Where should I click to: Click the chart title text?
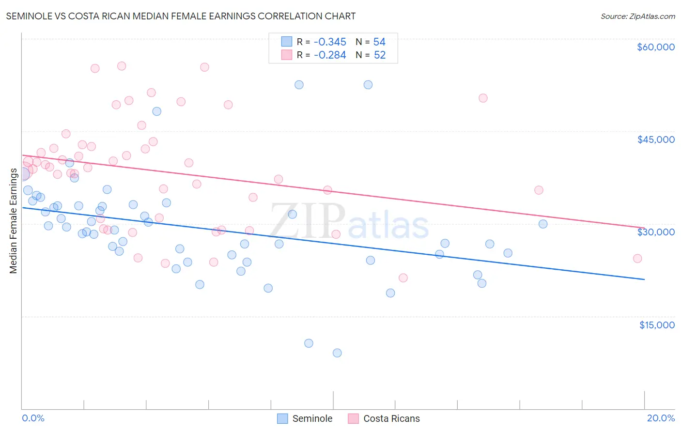click(x=181, y=16)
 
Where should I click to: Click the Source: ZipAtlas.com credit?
click(x=637, y=16)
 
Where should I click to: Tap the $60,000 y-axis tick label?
click(x=655, y=47)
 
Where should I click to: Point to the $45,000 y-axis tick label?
click(x=655, y=139)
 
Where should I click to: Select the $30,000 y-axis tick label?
click(x=655, y=232)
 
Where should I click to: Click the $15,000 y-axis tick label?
click(x=656, y=325)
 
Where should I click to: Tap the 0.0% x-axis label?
click(x=33, y=418)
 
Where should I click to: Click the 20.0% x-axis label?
click(x=660, y=418)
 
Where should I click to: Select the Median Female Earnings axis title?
click(x=14, y=221)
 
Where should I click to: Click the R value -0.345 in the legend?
click(x=330, y=42)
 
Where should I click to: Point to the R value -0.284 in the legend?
click(x=330, y=55)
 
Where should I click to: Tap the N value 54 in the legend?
click(x=379, y=42)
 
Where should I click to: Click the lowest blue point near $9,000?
click(x=337, y=353)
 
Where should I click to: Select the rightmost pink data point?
click(x=637, y=259)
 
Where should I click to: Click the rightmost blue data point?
click(x=543, y=224)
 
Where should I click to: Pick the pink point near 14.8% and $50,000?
click(x=483, y=98)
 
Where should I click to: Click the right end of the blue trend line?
click(x=644, y=279)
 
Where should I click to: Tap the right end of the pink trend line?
click(x=644, y=228)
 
